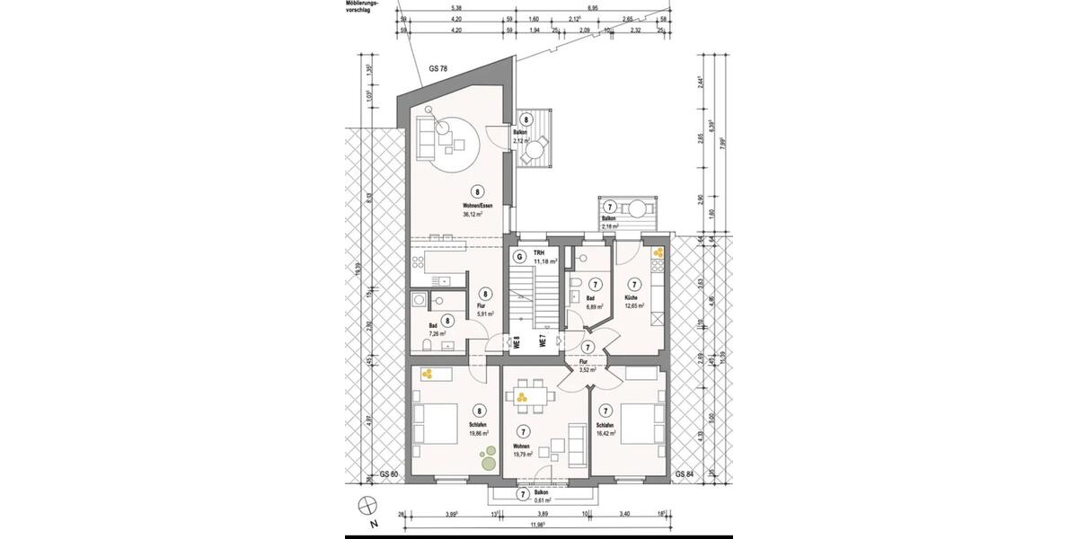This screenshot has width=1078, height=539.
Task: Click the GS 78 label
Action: coord(439,69)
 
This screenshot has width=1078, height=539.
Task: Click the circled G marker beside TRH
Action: coord(518,256)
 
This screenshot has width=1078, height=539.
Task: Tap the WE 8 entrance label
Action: coord(517,342)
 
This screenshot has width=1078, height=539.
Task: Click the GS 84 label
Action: coord(684,473)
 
